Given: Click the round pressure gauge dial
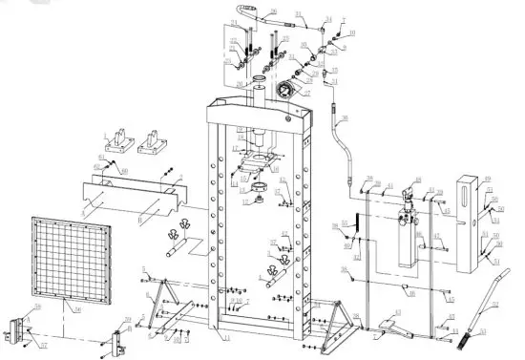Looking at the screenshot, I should pyautogui.click(x=283, y=92).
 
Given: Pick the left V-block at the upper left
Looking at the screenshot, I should pyautogui.click(x=117, y=142).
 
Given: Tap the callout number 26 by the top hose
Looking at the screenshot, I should pyautogui.click(x=273, y=11).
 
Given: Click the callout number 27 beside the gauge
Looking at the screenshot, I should pyautogui.click(x=307, y=95).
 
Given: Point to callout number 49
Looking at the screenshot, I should pyautogui.click(x=487, y=179).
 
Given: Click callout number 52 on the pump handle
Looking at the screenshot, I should pyautogui.click(x=495, y=305).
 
